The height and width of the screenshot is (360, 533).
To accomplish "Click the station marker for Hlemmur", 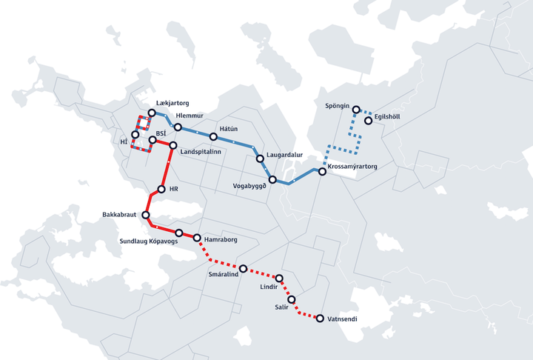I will (x=178, y=127).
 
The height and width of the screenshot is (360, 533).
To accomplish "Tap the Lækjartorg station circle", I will (x=152, y=113).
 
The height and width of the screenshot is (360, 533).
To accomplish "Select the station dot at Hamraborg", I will (x=197, y=238).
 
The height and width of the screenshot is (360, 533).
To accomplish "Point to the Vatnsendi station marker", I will (x=320, y=319).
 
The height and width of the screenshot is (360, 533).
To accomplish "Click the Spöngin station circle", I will (x=356, y=110).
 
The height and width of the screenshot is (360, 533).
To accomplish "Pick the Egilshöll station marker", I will (x=368, y=120).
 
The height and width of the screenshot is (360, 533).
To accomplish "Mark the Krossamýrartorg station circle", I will (x=322, y=171).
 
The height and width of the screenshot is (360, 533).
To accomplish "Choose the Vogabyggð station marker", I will (x=273, y=180).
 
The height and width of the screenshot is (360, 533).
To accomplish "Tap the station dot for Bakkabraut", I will (x=145, y=216).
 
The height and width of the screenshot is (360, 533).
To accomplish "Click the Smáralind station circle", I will (x=243, y=267).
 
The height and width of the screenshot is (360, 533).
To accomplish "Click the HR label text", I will (x=175, y=189).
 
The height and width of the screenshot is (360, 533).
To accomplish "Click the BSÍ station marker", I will (x=152, y=140).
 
